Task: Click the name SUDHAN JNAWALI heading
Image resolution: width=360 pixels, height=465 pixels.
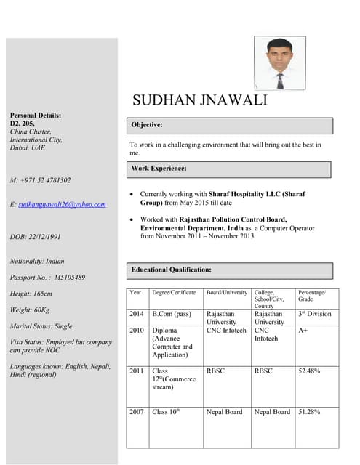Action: point(199,100)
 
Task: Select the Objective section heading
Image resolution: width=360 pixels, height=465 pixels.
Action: point(147,125)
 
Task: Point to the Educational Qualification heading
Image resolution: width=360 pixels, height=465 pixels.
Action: point(171,270)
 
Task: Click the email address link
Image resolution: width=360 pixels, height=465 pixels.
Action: point(62,205)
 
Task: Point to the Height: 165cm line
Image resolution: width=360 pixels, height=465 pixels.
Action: point(31,294)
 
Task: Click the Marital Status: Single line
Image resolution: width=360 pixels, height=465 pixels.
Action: point(41,326)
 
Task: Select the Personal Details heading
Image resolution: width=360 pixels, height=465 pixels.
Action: point(36,115)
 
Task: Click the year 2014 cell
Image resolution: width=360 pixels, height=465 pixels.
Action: point(137,314)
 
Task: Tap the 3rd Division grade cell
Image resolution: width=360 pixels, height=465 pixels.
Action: point(314,314)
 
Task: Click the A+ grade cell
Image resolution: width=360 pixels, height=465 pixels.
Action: point(303,329)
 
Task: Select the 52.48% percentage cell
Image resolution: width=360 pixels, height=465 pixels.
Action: point(309,371)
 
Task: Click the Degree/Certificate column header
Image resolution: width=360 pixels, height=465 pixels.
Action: point(174,292)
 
